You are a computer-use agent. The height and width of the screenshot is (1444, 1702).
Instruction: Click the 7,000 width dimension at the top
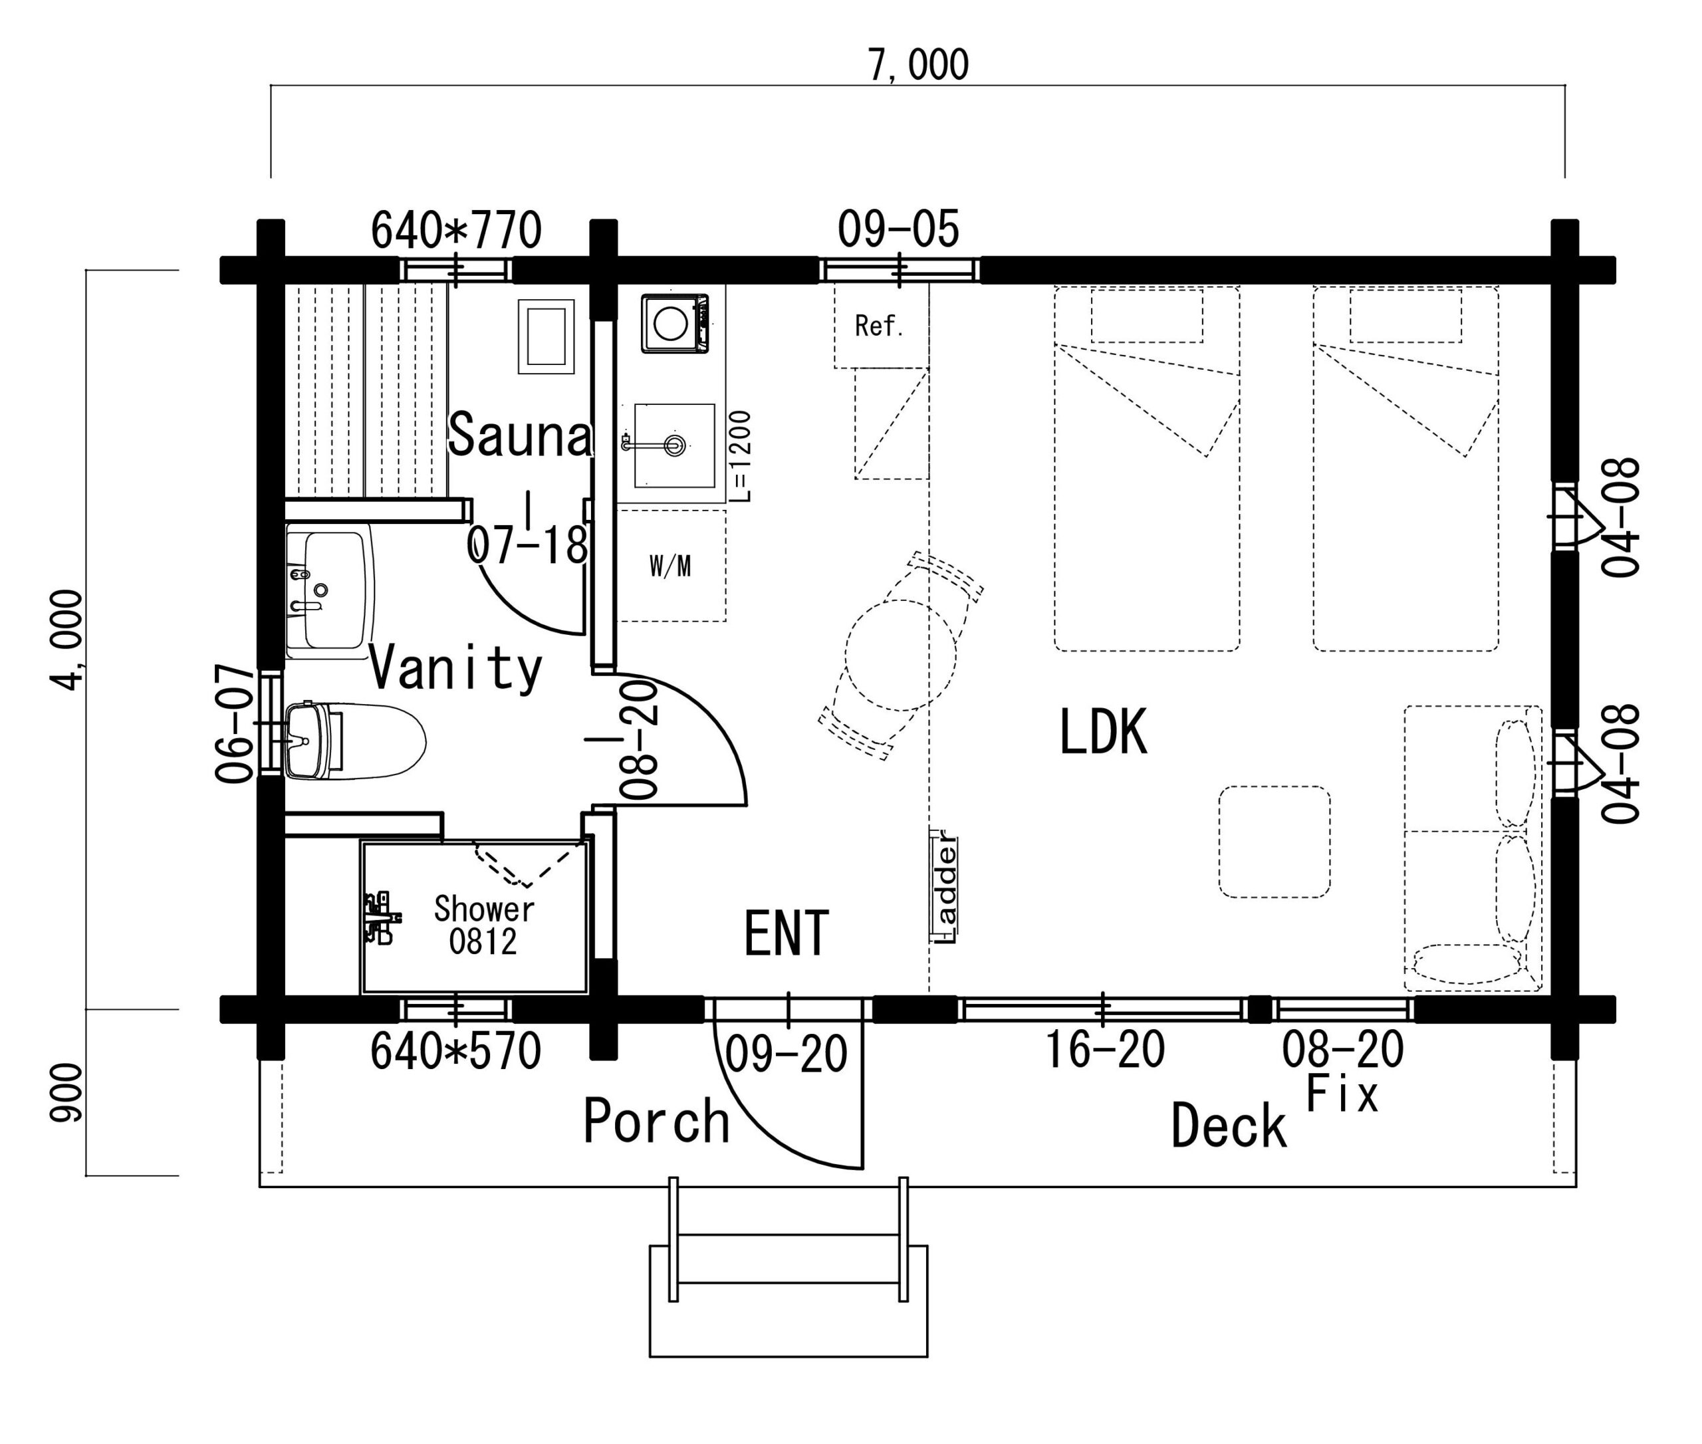tap(917, 64)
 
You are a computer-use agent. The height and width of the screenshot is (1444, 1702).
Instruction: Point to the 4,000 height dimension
tap(66, 640)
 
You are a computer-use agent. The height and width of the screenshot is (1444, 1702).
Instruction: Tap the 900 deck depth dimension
tap(66, 1092)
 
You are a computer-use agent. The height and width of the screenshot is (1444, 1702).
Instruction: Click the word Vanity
tap(456, 669)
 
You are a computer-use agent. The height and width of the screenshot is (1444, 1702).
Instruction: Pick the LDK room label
tap(1103, 731)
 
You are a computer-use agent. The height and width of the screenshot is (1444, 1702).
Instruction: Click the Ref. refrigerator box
tap(881, 326)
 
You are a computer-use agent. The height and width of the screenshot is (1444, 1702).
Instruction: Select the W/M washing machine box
tap(670, 566)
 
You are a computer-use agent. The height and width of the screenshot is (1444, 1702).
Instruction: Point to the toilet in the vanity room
tap(355, 741)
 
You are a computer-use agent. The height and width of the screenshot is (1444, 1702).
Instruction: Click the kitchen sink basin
tap(673, 445)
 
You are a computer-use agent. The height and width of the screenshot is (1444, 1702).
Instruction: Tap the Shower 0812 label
tap(484, 925)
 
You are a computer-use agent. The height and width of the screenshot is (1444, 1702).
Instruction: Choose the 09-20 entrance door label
tap(786, 1054)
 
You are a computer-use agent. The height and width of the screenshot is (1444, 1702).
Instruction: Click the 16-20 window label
tap(1104, 1050)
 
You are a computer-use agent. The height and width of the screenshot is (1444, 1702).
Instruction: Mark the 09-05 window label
tap(898, 229)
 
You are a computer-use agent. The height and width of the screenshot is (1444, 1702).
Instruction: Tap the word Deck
tap(1228, 1126)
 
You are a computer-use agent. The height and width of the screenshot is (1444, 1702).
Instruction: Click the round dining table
tap(900, 655)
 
